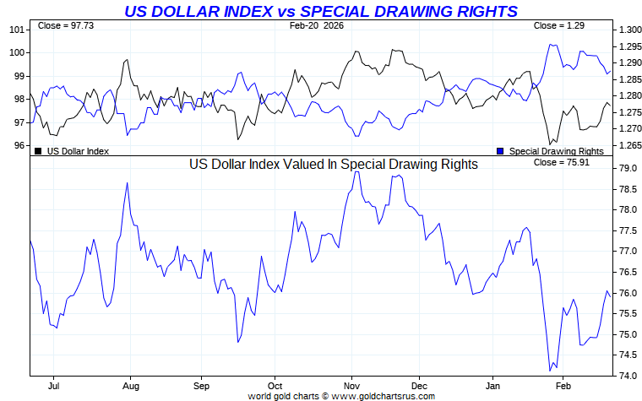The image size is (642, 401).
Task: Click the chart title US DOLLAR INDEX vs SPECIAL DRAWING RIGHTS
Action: [321, 11]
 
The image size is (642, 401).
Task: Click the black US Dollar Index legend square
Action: [38, 151]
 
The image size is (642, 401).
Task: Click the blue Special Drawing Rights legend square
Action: [500, 151]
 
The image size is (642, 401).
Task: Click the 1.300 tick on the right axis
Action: [629, 30]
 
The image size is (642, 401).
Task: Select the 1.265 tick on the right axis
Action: [629, 145]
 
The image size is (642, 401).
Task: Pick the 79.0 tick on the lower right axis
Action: [628, 168]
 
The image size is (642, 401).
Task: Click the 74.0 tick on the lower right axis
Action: [628, 376]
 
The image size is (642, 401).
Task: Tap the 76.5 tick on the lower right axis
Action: [628, 272]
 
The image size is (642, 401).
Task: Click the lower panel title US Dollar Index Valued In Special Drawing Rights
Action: [333, 165]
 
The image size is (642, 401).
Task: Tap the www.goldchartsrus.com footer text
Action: [383, 396]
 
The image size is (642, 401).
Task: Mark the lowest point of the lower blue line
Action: [550, 371]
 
